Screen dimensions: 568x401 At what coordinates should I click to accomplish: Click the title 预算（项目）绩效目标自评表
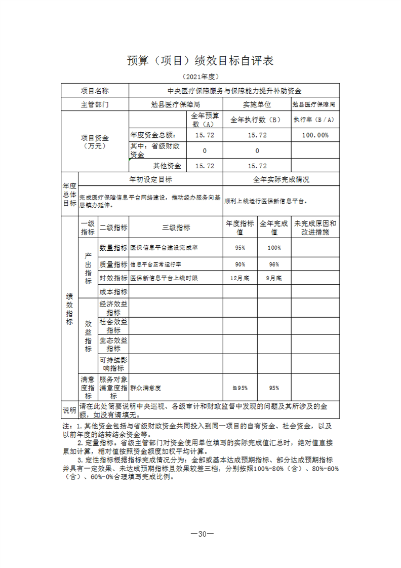tap(200, 61)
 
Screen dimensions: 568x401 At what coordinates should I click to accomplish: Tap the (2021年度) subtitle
tap(200, 77)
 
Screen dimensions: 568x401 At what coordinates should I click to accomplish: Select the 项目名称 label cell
tap(95, 91)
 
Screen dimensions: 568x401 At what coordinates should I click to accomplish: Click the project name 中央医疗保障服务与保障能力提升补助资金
tap(234, 91)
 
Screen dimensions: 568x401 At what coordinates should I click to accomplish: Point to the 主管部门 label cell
tap(95, 105)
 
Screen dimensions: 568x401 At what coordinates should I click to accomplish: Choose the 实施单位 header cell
tap(257, 105)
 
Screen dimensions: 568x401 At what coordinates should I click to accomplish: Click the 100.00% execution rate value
tap(315, 135)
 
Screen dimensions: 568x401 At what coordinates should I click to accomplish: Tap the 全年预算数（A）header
tap(205, 120)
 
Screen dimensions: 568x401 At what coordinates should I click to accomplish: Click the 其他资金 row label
tap(167, 166)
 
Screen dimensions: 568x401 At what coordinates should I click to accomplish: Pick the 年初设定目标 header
tap(151, 179)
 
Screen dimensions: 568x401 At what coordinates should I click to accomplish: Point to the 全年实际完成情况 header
tap(281, 179)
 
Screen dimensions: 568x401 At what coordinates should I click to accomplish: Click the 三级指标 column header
tap(176, 228)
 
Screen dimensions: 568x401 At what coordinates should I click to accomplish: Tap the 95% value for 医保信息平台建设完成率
tap(240, 248)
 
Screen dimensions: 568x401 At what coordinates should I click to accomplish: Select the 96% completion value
tap(274, 264)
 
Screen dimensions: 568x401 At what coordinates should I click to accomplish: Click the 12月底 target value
tap(240, 278)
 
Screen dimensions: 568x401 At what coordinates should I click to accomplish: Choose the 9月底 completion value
tap(274, 278)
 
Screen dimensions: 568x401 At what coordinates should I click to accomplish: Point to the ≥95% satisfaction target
tap(240, 388)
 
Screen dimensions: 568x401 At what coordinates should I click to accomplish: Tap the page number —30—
tap(201, 534)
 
